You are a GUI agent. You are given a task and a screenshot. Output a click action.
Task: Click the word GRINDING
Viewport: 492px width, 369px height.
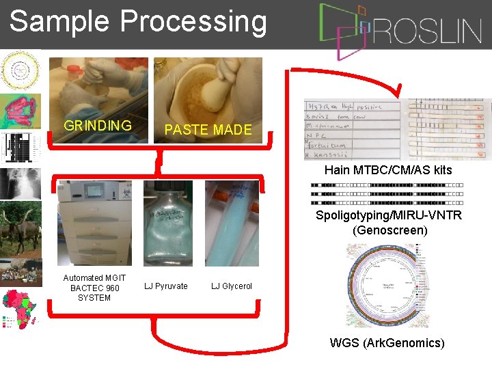pyautogui.click(x=97, y=126)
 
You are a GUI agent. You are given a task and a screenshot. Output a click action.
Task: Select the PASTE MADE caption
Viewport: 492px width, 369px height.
pyautogui.click(x=208, y=130)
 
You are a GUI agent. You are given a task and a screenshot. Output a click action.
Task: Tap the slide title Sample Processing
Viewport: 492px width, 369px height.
pyautogui.click(x=138, y=22)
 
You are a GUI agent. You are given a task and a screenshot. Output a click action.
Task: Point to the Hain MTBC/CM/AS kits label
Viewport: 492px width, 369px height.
pyautogui.click(x=388, y=170)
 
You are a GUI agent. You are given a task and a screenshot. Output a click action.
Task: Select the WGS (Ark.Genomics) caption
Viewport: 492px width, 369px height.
pyautogui.click(x=387, y=343)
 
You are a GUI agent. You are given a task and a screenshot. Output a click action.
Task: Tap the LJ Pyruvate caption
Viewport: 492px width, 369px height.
pyautogui.click(x=166, y=286)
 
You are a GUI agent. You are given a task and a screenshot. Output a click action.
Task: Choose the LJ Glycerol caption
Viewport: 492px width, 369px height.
pyautogui.click(x=231, y=286)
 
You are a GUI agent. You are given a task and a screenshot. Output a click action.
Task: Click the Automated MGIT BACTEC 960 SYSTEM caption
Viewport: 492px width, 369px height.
pyautogui.click(x=94, y=288)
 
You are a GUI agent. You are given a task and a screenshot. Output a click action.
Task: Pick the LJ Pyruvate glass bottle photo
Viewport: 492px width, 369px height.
pyautogui.click(x=168, y=223)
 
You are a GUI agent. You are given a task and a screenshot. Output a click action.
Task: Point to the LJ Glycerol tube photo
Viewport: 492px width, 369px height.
pyautogui.click(x=232, y=223)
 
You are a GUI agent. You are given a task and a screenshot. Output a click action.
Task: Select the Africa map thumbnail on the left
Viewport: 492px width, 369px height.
pyautogui.click(x=20, y=308)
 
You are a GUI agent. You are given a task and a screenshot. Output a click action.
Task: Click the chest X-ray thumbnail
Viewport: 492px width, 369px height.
pyautogui.click(x=20, y=182)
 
